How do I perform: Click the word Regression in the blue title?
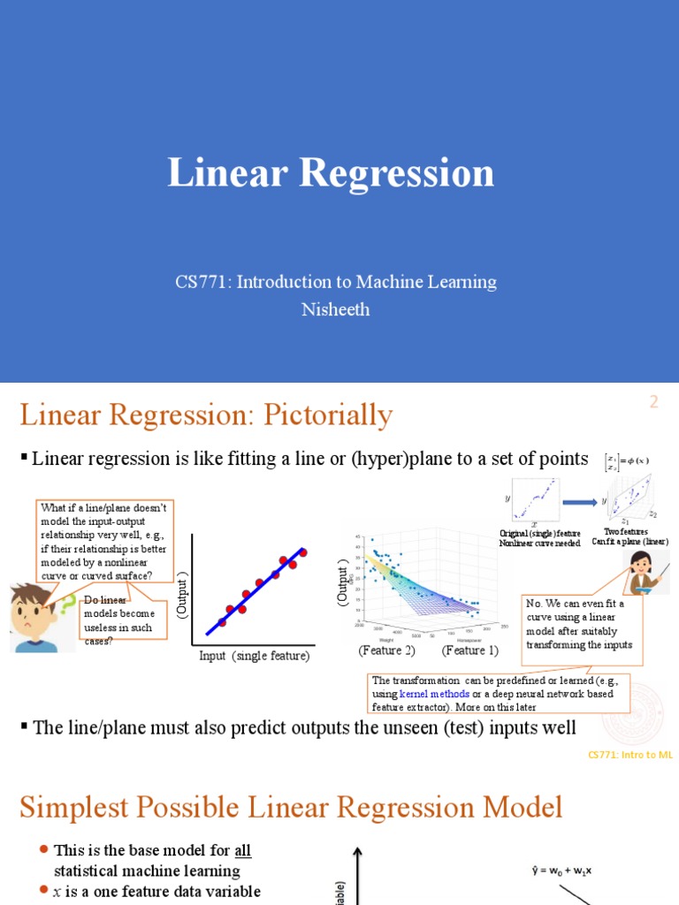(x=397, y=173)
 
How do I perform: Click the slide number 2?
(x=654, y=402)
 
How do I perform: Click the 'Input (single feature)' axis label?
(x=255, y=657)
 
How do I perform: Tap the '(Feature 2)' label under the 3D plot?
(x=386, y=650)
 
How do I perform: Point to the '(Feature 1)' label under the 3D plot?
(x=470, y=650)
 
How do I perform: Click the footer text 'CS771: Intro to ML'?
(x=630, y=755)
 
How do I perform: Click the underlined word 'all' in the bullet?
(x=242, y=851)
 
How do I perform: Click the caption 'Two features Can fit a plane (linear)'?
(x=630, y=536)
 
